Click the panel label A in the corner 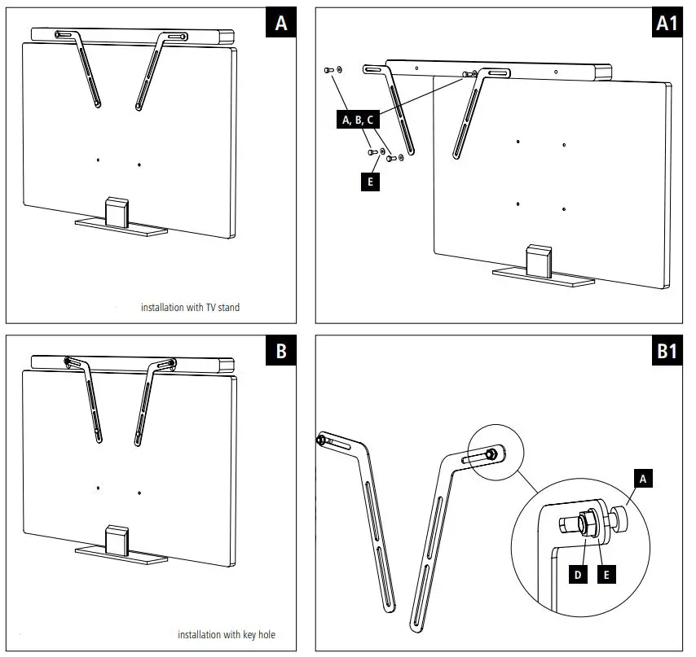point(281,24)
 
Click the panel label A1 point(667,24)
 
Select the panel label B point(281,351)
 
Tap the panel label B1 point(667,351)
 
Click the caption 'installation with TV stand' point(190,308)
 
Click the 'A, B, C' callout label point(358,120)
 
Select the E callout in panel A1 point(370,182)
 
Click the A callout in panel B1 point(641,480)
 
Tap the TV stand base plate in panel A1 point(542,279)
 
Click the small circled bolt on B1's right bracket point(491,453)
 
